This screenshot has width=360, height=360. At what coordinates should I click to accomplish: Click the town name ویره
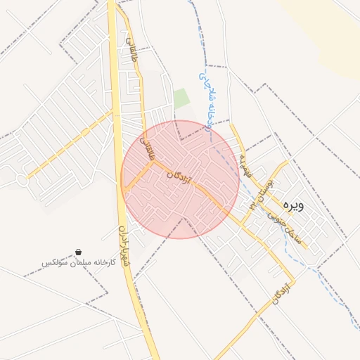point(293,205)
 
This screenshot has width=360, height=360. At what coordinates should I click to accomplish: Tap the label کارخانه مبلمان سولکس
point(77,262)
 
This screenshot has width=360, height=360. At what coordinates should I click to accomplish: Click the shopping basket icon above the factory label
point(77,251)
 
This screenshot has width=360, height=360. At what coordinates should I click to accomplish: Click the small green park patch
point(181,98)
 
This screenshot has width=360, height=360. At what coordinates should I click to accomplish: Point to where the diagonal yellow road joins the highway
point(114,111)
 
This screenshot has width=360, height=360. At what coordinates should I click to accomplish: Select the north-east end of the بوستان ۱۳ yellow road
point(286,162)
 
